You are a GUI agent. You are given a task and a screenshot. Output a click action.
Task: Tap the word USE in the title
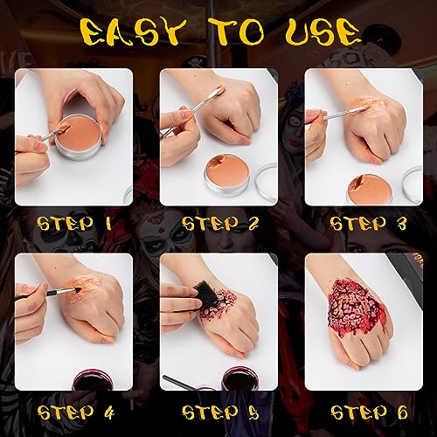[x=323, y=32]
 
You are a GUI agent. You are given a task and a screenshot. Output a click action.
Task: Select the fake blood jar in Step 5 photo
[x=238, y=378]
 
